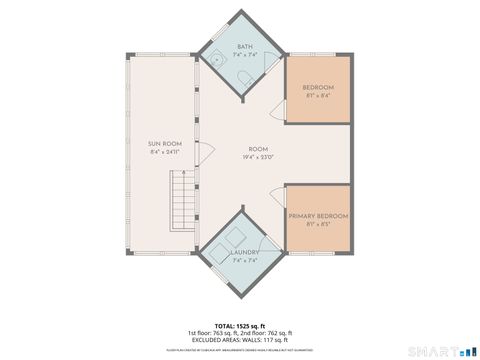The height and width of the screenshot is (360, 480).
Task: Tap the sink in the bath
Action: (x=214, y=59)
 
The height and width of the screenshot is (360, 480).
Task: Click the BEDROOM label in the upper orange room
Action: (x=318, y=88)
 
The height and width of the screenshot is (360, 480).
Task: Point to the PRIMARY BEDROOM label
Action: (x=318, y=216)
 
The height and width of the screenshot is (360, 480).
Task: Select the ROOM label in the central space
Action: (x=259, y=147)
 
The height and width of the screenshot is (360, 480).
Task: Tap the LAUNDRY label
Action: (x=245, y=252)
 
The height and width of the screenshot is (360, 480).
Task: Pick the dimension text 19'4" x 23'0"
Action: (x=259, y=157)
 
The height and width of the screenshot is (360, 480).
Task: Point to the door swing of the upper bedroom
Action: (x=277, y=112)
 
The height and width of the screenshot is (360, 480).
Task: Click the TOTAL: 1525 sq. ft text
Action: (x=240, y=326)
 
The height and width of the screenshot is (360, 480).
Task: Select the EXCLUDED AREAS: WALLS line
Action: (x=240, y=340)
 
